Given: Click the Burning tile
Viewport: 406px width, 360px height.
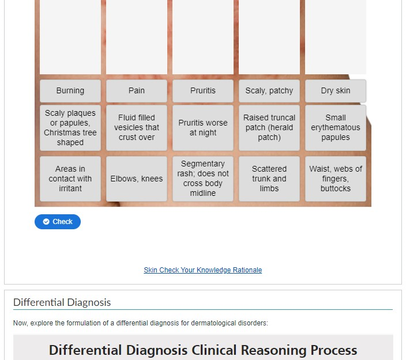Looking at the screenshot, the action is point(70,91).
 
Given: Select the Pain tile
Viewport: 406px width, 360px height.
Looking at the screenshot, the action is point(137,91).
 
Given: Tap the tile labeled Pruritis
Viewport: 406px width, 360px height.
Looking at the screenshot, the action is point(203,91).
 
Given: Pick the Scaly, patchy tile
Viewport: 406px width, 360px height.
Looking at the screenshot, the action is point(269,91).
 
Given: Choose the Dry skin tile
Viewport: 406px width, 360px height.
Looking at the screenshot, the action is point(335,91).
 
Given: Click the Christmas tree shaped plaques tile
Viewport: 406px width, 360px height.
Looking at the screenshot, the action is point(70,128).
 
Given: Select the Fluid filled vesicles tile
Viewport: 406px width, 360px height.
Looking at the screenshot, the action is point(137,128).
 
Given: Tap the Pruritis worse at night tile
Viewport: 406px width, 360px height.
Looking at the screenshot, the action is point(203,128).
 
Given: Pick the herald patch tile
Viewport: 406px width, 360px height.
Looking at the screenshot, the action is point(269,128).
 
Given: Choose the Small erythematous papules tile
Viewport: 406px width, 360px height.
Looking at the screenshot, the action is point(335,128).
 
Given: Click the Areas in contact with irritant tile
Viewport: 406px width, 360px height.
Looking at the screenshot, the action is point(70,179).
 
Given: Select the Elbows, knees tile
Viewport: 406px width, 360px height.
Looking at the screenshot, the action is point(137,179).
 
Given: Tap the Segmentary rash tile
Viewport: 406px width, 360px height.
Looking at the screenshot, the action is point(203,179).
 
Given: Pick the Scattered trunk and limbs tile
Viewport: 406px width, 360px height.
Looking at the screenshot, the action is point(269,179).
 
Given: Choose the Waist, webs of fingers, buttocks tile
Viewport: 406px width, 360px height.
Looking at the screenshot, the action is point(335,179).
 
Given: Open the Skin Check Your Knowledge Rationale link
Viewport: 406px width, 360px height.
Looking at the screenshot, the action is point(203,270).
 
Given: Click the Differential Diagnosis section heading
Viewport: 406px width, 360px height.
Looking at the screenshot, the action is point(62,302).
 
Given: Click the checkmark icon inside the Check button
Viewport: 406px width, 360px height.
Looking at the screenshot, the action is point(46,222).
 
